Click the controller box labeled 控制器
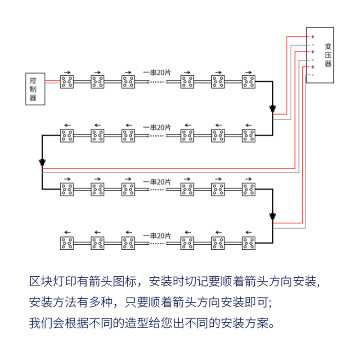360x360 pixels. (x=35, y=89)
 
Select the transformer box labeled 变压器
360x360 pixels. (x=320, y=55)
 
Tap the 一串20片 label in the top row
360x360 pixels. (x=157, y=72)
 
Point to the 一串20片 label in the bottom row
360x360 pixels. (x=157, y=236)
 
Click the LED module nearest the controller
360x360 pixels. (x=67, y=81)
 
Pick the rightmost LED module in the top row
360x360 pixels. (x=248, y=81)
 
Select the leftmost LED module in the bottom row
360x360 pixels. (x=67, y=243)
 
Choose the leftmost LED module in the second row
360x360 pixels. (x=67, y=135)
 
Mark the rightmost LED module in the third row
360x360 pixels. (x=248, y=189)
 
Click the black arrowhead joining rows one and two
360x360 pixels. (x=272, y=109)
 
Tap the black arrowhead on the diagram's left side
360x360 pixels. (x=42, y=162)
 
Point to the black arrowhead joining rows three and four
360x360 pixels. (x=272, y=216)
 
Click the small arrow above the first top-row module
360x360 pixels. (x=67, y=72)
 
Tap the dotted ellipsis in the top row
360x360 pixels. (x=157, y=82)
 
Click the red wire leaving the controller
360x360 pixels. (x=53, y=81)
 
